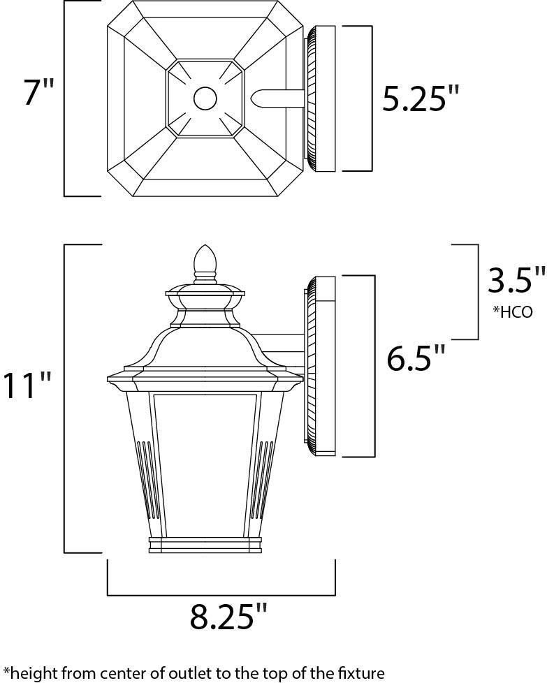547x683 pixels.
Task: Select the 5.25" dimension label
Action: pyautogui.click(x=423, y=99)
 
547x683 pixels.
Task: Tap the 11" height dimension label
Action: pyautogui.click(x=27, y=385)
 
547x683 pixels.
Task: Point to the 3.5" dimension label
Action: pyautogui.click(x=516, y=281)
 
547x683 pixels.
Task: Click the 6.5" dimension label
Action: pyautogui.click(x=416, y=359)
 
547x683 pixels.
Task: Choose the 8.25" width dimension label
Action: pyautogui.click(x=228, y=617)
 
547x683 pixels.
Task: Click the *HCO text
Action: pyautogui.click(x=513, y=312)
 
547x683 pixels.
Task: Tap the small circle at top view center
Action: pyautogui.click(x=205, y=98)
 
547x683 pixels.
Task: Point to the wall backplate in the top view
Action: pyautogui.click(x=321, y=98)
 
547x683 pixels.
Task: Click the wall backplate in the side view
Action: pyautogui.click(x=321, y=366)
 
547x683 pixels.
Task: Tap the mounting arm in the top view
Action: pyautogui.click(x=279, y=98)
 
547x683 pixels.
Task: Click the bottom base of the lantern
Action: pyautogui.click(x=205, y=545)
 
